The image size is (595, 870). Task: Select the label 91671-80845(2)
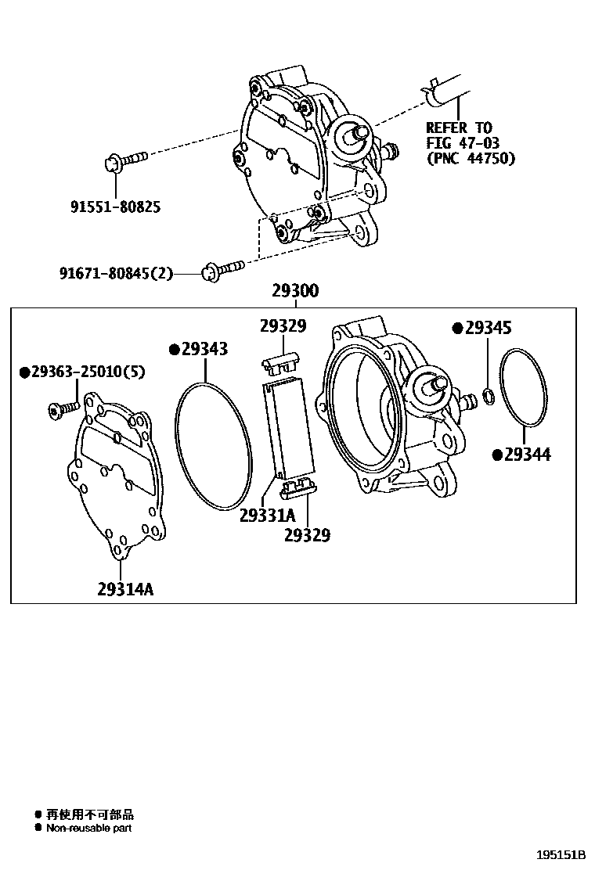coord(115,273)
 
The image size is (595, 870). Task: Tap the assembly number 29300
coord(295,292)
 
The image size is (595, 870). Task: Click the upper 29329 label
coord(283,326)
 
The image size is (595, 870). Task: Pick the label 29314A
coord(125,589)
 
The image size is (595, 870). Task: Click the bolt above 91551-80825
coord(124,160)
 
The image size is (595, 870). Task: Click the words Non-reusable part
coord(88,828)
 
